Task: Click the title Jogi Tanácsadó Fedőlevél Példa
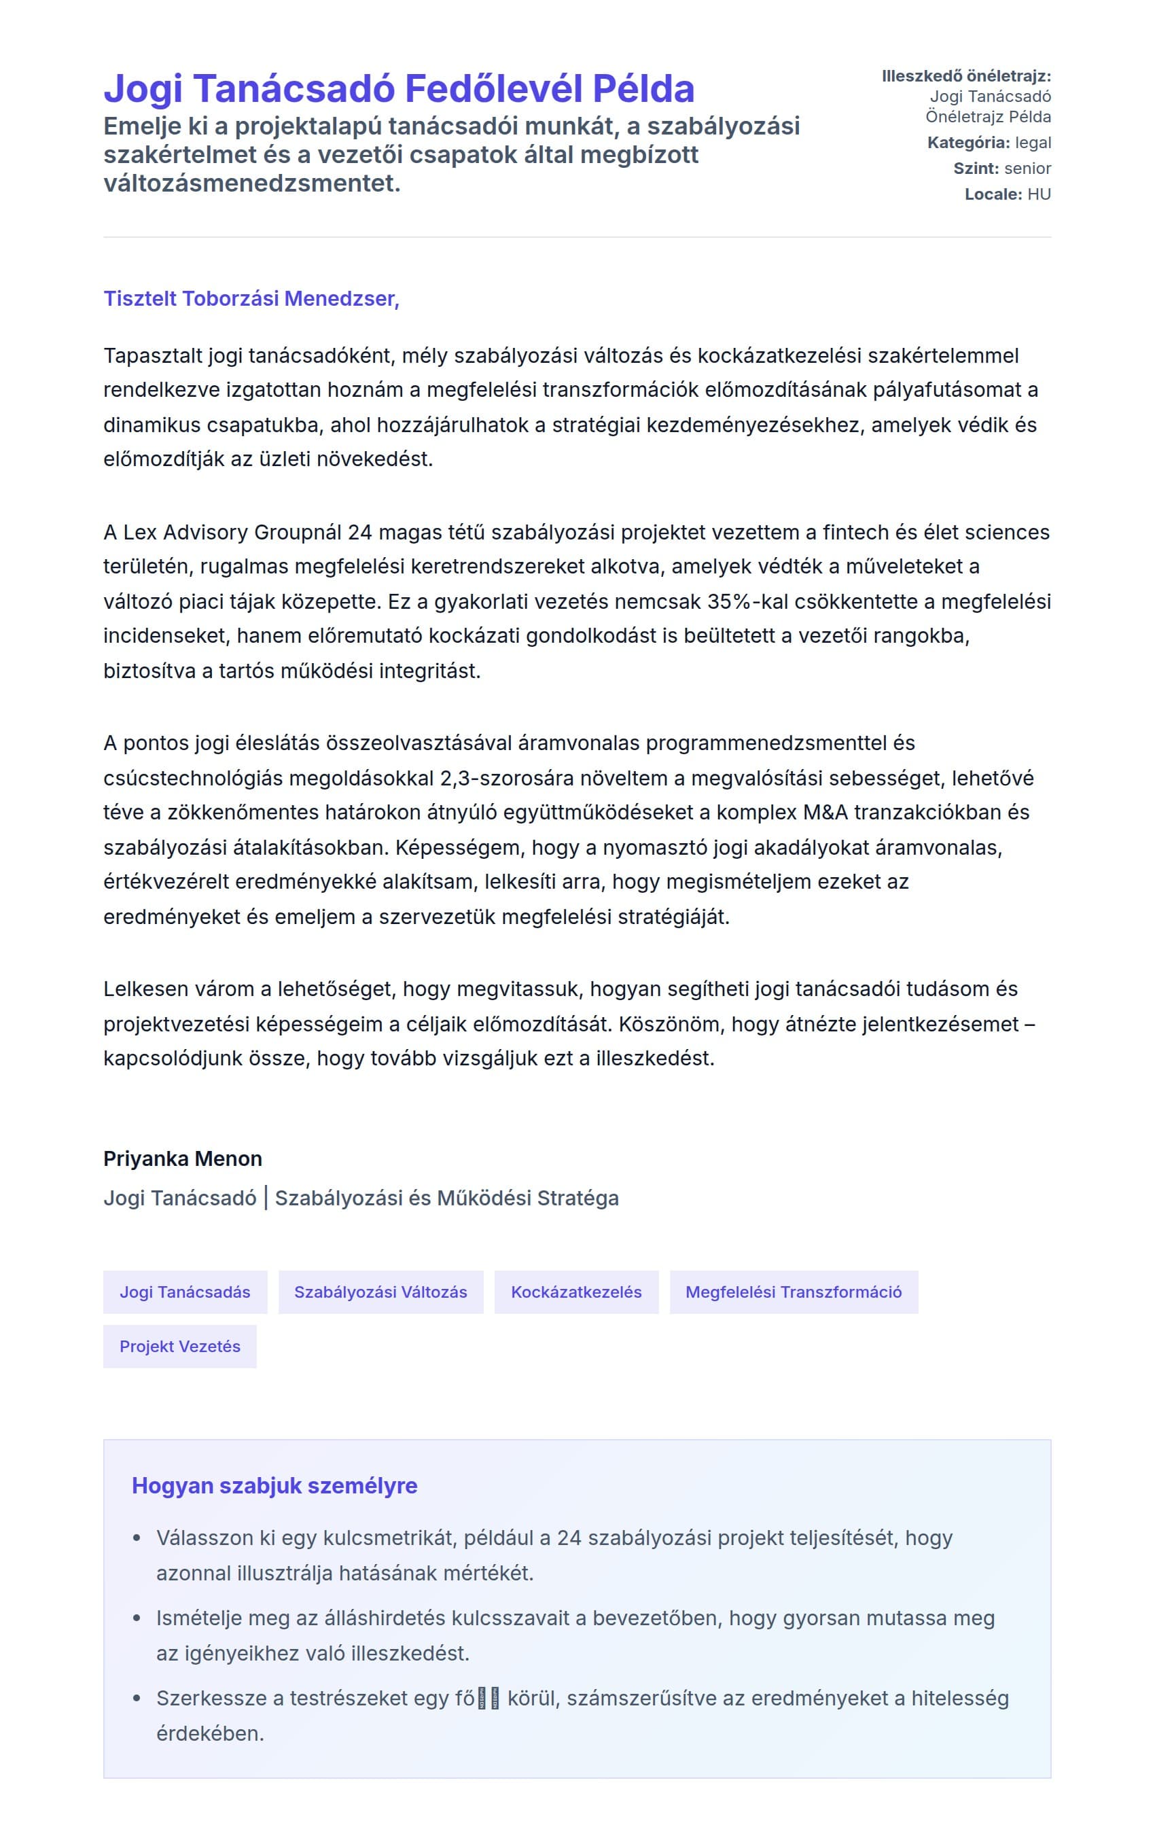pos(399,88)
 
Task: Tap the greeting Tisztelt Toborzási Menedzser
pos(251,299)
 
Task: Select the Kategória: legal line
pos(989,143)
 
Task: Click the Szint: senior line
pos(1001,168)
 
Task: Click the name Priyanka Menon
pos(183,1159)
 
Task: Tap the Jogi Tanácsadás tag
pos(185,1292)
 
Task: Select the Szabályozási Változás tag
pos(380,1292)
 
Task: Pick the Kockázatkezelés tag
pos(576,1292)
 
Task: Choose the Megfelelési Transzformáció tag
pos(793,1292)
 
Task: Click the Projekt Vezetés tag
pos(179,1346)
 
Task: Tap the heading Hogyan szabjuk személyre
pos(274,1486)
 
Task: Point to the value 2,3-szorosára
pos(505,779)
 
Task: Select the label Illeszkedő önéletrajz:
pos(965,76)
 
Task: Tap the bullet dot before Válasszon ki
pos(137,1538)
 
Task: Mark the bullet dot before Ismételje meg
pos(137,1618)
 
